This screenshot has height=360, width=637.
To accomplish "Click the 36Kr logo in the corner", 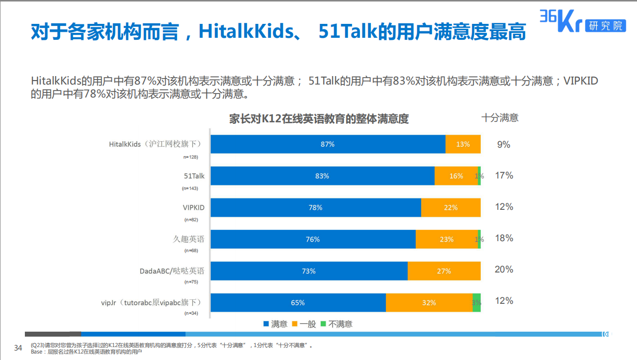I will [x=582, y=22].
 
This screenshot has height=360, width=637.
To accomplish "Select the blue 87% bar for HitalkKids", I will [x=328, y=144].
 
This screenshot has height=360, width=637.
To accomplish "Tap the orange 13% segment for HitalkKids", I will [x=463, y=144].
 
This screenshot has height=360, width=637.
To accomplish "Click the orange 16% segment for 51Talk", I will [x=456, y=176].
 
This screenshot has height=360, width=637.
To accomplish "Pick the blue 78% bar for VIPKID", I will [x=316, y=207].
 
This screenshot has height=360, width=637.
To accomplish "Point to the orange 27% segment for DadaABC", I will [x=444, y=271].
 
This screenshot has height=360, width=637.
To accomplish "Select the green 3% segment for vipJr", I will [x=476, y=302].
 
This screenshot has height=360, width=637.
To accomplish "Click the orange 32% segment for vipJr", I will [x=429, y=302].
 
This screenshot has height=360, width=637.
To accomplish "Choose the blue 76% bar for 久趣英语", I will [x=313, y=239].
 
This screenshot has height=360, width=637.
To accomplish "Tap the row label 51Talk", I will [x=194, y=176].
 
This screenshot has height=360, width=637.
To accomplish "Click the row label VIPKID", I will [x=193, y=207].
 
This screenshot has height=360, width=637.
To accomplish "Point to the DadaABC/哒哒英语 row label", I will [x=172, y=271].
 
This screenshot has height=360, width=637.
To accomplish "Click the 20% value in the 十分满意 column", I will [x=504, y=270].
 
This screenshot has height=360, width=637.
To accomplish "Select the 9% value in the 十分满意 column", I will [x=504, y=145].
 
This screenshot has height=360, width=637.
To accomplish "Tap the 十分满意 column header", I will [x=500, y=118].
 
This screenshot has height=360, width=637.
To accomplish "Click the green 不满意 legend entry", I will [x=336, y=324].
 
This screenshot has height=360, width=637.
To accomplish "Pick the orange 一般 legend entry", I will [x=304, y=324].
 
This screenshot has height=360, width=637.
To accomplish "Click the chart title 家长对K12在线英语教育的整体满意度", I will [x=319, y=119].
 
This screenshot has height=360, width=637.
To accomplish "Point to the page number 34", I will [x=18, y=348].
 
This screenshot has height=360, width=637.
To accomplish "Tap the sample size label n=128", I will [x=190, y=157].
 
